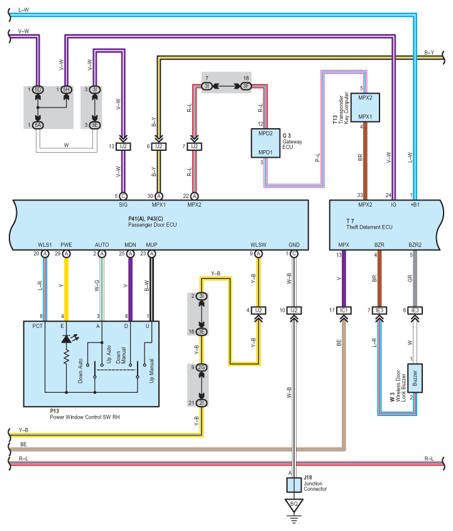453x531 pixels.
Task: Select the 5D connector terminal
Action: point(38,90)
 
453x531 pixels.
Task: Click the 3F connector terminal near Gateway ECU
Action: point(246,85)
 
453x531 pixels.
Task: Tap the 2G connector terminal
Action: point(202,367)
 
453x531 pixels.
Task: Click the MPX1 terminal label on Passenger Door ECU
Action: point(159,205)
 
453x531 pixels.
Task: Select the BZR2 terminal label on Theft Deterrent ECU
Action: point(415,244)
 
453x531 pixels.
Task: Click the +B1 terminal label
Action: point(416,205)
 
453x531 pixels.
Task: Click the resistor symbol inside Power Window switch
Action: point(65,358)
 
